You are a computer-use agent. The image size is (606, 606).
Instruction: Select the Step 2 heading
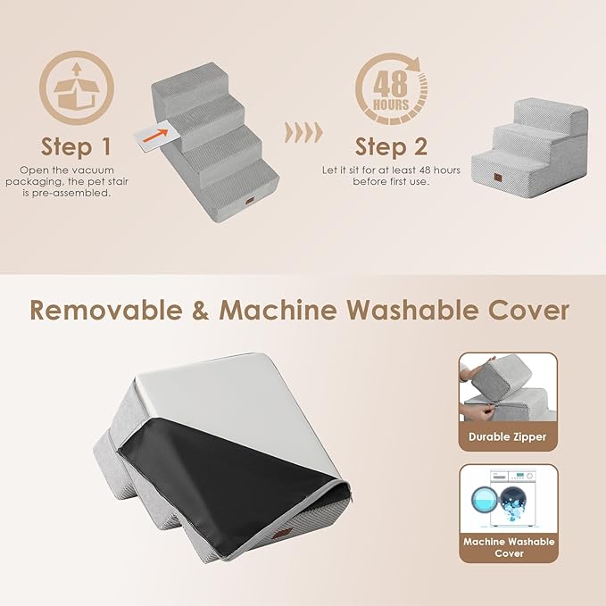(391, 145)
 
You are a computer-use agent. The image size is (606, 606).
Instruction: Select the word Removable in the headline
(112, 310)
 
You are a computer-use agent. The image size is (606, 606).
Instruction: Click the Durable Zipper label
(508, 437)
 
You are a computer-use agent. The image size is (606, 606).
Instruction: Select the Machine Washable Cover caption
(508, 547)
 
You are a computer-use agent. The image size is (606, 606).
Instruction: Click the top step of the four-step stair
(202, 74)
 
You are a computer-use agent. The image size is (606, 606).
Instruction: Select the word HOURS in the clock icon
(391, 104)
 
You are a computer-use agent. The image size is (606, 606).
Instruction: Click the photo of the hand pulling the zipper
(507, 388)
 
